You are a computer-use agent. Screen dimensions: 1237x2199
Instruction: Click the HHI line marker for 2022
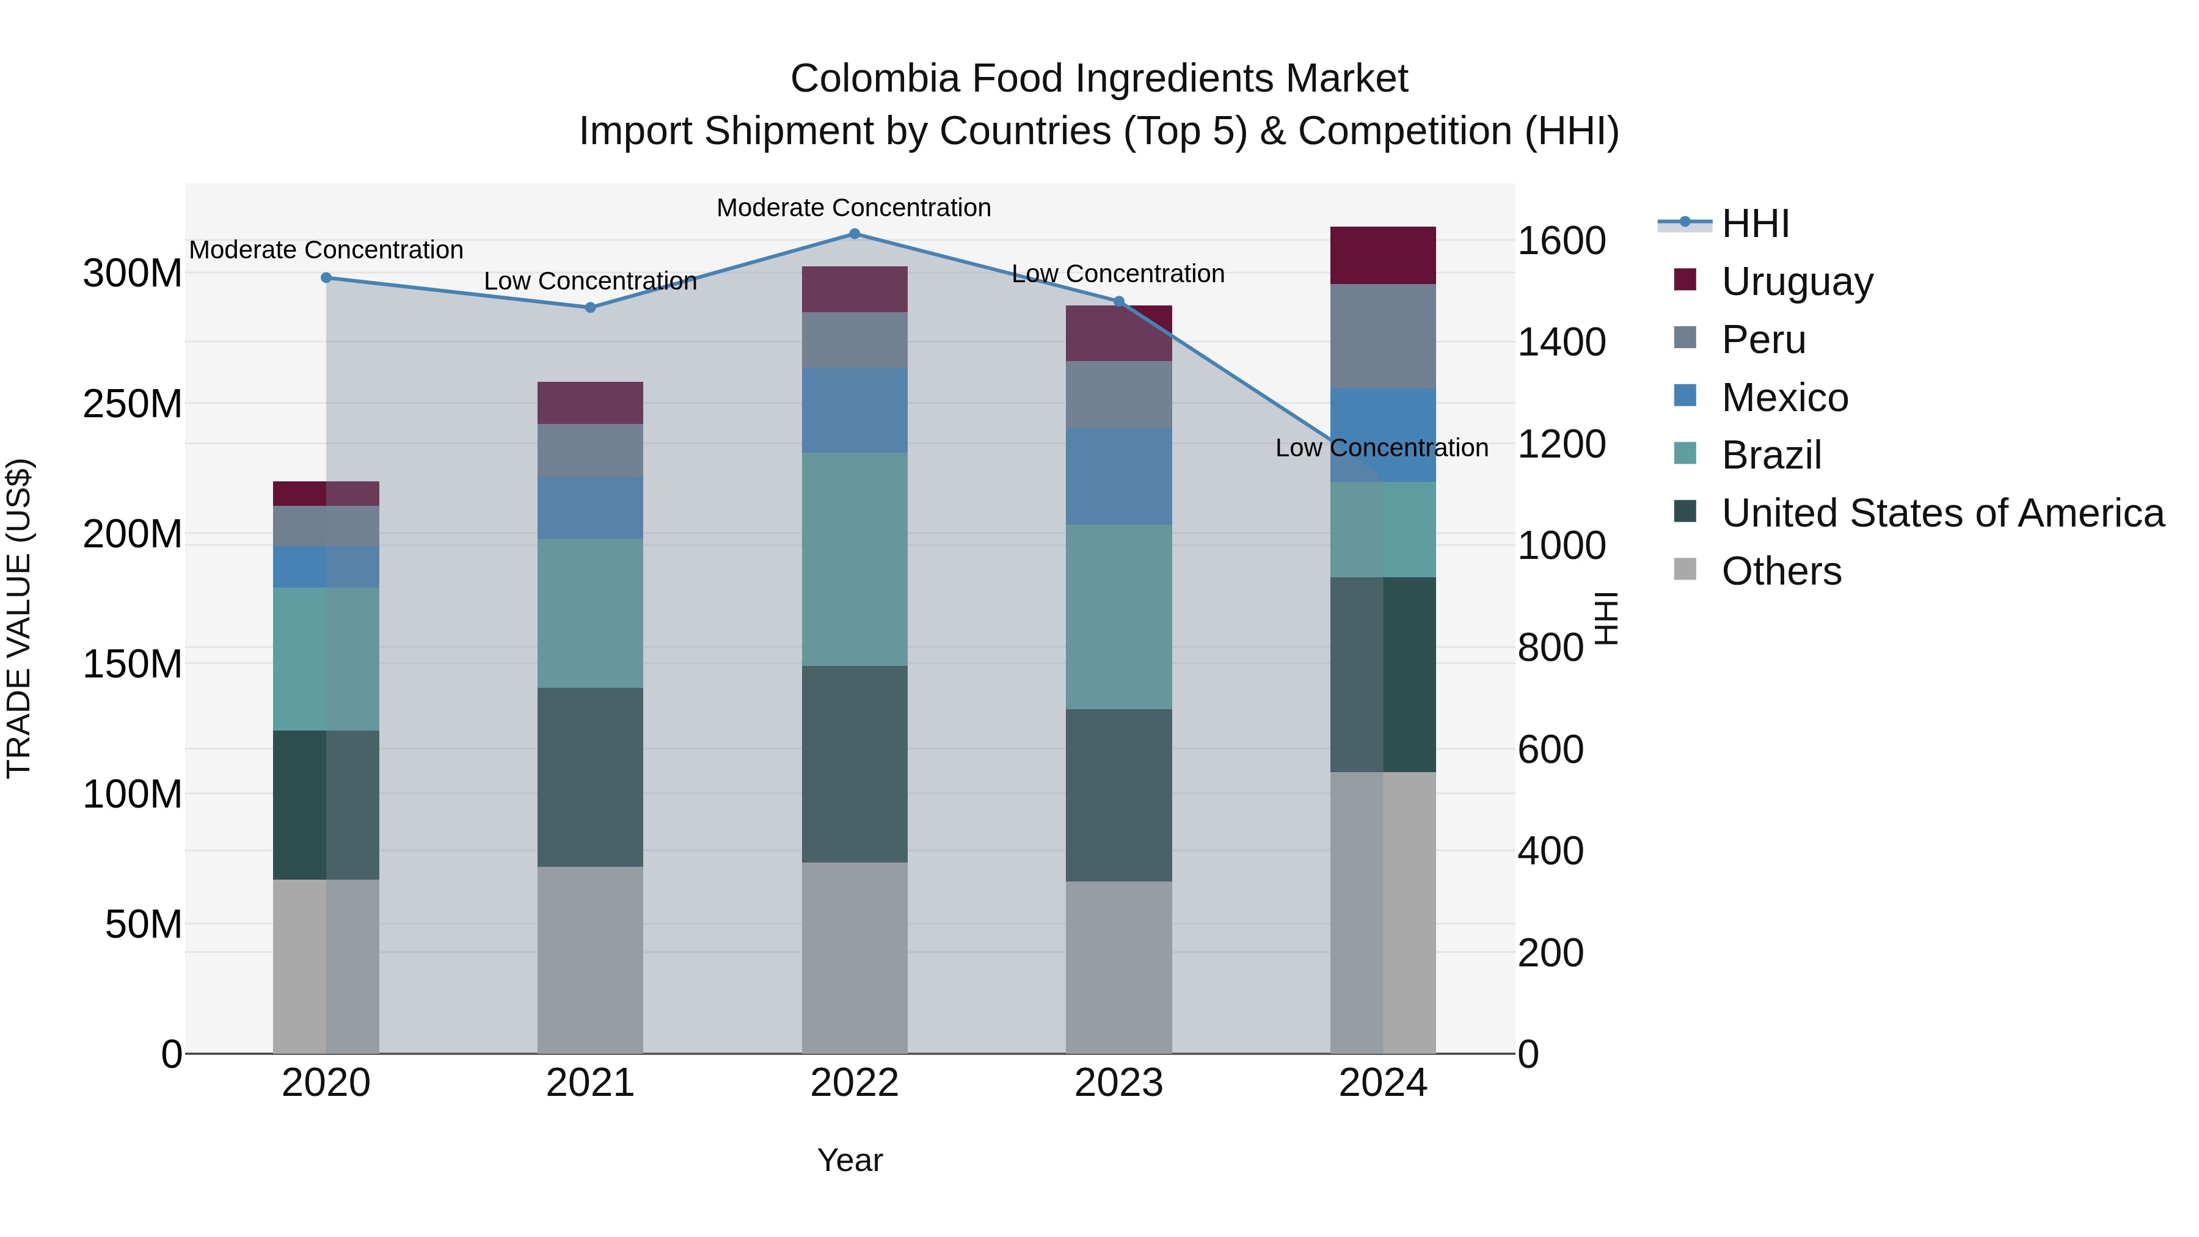(x=855, y=234)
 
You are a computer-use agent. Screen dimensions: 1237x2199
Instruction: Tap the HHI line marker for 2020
(x=326, y=277)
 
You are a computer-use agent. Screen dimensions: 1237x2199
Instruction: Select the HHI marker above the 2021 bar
(x=590, y=307)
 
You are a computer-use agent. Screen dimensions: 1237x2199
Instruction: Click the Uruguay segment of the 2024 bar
(x=1383, y=255)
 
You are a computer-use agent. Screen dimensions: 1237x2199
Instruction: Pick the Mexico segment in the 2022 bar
(x=855, y=411)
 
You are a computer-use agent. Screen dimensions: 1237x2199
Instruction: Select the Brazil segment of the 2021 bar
(x=590, y=613)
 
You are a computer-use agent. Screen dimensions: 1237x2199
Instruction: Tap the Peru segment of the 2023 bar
(x=1118, y=395)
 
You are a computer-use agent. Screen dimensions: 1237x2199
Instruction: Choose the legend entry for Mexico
(x=1784, y=398)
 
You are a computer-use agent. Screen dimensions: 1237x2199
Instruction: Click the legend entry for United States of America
(x=1942, y=513)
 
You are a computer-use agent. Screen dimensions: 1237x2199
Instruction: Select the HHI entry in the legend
(x=1754, y=224)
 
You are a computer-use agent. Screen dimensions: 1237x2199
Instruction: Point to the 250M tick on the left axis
(x=133, y=404)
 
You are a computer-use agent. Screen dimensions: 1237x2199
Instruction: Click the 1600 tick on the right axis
(x=1561, y=241)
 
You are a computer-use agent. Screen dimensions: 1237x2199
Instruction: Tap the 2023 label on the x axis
(x=1118, y=1083)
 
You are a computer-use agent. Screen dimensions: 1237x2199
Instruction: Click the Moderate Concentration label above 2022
(x=854, y=208)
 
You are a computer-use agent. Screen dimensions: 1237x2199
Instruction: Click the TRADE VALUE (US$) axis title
(x=19, y=618)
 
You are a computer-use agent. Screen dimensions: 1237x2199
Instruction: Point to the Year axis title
(x=850, y=1160)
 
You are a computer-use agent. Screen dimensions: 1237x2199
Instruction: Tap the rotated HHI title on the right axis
(x=1606, y=618)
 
